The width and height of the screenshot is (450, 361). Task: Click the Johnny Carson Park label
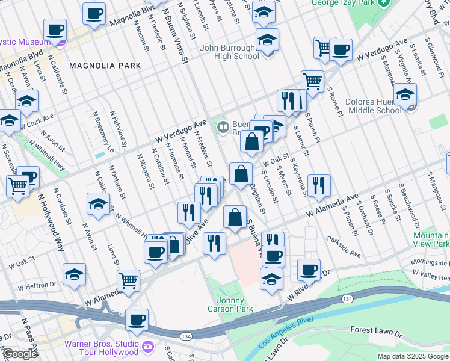pos(235,304)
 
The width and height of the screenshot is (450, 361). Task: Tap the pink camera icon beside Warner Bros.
pos(148,348)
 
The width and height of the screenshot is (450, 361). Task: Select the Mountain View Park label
pos(431,240)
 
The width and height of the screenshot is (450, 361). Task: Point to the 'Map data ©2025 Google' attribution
pos(413,356)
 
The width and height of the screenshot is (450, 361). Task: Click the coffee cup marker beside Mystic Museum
pos(55,30)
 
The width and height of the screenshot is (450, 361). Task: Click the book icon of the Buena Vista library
pos(223,127)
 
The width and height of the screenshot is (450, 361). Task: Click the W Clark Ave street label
pos(36,121)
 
